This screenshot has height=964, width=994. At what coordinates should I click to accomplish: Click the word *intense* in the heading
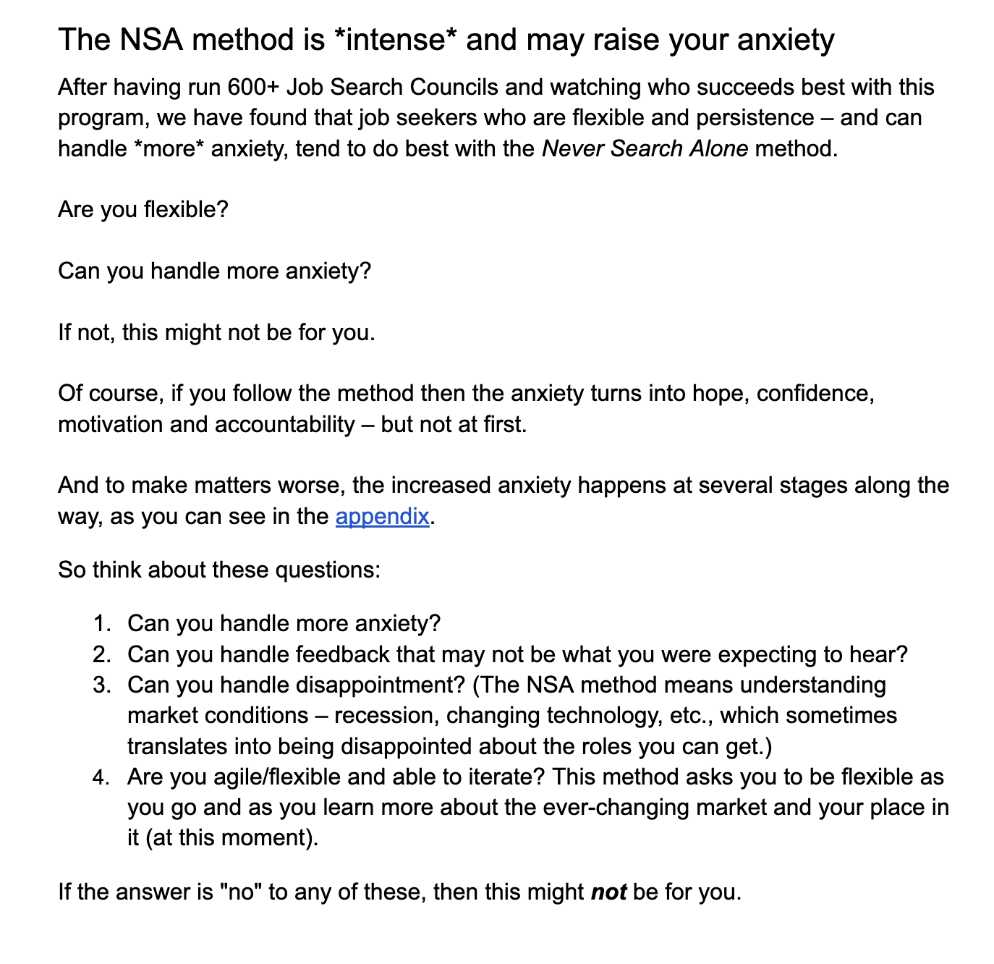pyautogui.click(x=396, y=40)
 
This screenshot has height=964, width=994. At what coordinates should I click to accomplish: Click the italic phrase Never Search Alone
pyautogui.click(x=645, y=149)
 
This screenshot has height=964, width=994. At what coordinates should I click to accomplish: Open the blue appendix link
pyautogui.click(x=382, y=517)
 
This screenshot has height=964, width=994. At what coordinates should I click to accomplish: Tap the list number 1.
pyautogui.click(x=101, y=624)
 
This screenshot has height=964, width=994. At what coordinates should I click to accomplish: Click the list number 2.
pyautogui.click(x=101, y=655)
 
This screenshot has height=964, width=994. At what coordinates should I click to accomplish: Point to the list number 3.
pyautogui.click(x=101, y=685)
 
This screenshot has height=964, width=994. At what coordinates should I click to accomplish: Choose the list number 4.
pyautogui.click(x=101, y=778)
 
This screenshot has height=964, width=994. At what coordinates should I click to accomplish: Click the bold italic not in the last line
pyautogui.click(x=608, y=892)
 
